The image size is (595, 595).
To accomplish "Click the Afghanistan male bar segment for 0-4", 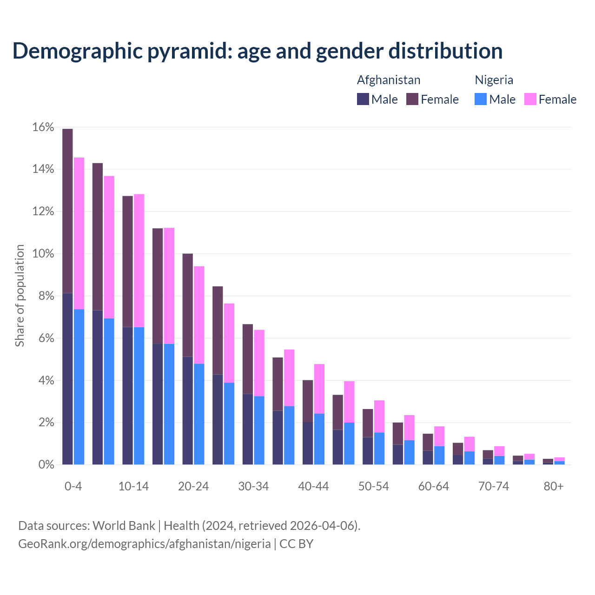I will (67, 379).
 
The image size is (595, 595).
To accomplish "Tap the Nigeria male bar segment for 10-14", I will (139, 396).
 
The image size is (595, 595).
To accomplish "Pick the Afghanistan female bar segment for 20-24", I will (188, 305).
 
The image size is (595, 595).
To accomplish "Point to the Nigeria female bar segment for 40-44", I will (319, 389).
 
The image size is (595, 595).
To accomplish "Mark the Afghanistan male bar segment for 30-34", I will (248, 429).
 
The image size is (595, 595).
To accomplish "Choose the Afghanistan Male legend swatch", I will (363, 99).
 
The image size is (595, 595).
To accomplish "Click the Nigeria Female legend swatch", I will (530, 99).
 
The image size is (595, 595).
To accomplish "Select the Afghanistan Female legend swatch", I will (412, 99).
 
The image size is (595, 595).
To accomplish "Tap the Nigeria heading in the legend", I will (494, 80).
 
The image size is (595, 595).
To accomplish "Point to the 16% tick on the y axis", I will (43, 127).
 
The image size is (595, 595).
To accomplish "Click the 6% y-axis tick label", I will (46, 338).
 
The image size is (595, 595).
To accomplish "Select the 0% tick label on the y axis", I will (46, 465).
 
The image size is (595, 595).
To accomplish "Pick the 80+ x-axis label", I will (554, 486).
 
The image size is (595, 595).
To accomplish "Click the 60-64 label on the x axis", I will (434, 486).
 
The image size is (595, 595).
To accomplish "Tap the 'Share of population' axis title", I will (20, 296).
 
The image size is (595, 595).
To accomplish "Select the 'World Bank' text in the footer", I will (124, 526).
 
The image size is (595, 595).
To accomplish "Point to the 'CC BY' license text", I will (296, 543).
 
